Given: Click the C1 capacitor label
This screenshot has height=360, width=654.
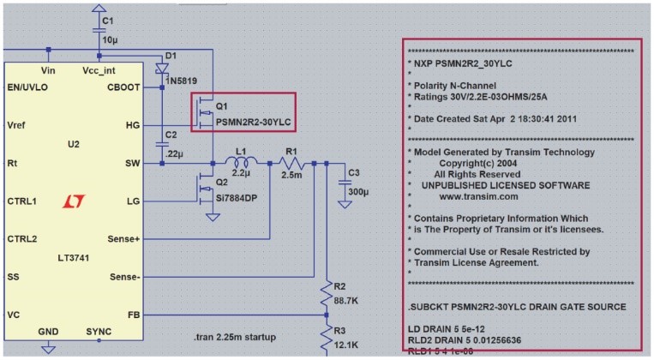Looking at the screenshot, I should (x=107, y=20).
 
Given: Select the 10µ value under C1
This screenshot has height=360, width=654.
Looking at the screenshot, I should (x=109, y=39).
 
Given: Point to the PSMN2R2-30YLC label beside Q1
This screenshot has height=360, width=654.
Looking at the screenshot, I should (x=254, y=123).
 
